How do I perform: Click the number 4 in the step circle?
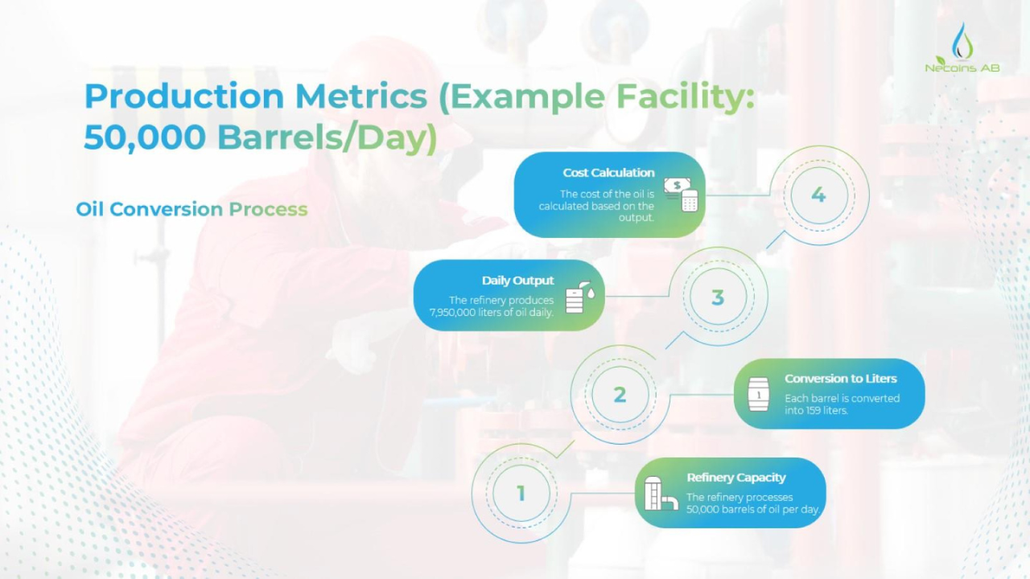click(x=818, y=195)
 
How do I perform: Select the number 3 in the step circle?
click(x=718, y=298)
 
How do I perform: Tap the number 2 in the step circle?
click(x=620, y=395)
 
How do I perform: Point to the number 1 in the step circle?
click(x=521, y=493)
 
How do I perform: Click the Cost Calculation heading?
click(x=608, y=173)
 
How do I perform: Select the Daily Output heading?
click(x=518, y=281)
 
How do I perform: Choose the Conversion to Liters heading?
click(x=840, y=379)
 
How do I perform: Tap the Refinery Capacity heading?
click(x=736, y=478)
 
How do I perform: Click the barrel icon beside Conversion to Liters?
click(x=758, y=395)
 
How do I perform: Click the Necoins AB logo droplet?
click(x=962, y=39)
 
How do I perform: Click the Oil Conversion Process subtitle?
click(x=192, y=209)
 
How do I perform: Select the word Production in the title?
click(x=184, y=96)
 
